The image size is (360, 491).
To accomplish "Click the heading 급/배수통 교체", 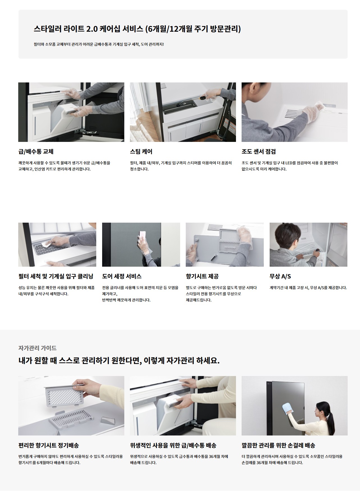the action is [x=36, y=152].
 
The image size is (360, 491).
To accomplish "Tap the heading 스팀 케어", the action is [x=141, y=152].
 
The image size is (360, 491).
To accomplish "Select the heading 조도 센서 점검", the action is [x=259, y=152].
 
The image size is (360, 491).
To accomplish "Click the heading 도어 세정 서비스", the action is [x=122, y=276].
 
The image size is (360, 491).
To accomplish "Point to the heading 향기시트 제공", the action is [x=202, y=276].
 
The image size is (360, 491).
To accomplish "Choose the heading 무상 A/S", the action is [x=280, y=276].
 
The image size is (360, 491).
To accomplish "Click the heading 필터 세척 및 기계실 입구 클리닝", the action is [x=56, y=276].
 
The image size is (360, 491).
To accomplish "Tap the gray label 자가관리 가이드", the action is [x=38, y=348].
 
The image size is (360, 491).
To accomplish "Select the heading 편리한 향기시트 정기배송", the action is [x=49, y=445].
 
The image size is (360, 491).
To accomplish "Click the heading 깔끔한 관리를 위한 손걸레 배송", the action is [x=278, y=445].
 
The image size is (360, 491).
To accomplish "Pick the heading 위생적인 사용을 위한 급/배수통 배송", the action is [x=173, y=445].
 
